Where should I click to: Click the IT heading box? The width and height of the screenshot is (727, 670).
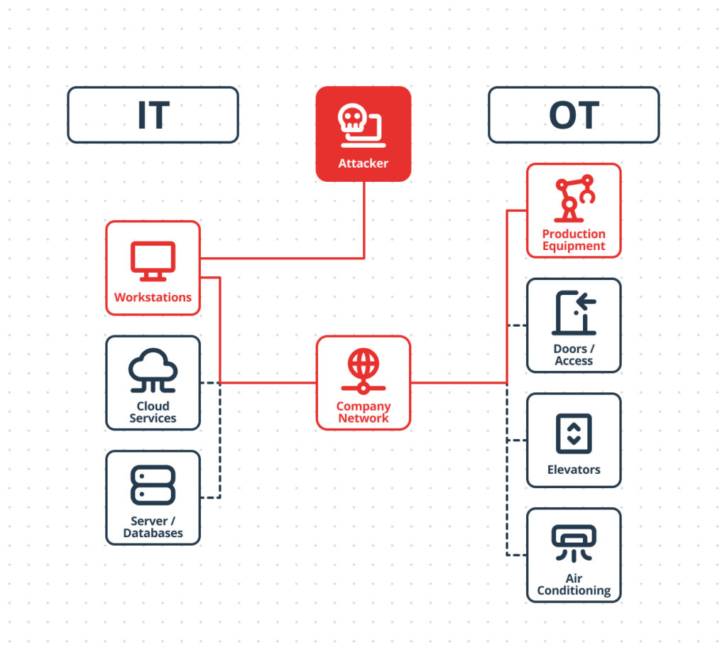click(x=153, y=115)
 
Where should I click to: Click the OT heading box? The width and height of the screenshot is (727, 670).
click(x=574, y=115)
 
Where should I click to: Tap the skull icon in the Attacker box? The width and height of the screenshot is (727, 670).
click(x=353, y=121)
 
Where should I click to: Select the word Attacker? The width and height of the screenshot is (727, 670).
click(x=363, y=163)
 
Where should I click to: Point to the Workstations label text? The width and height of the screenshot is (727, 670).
click(x=153, y=297)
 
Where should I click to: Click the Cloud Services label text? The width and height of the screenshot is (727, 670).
click(x=153, y=412)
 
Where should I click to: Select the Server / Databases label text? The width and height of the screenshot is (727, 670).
click(x=153, y=527)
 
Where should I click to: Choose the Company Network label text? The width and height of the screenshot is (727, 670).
click(x=363, y=412)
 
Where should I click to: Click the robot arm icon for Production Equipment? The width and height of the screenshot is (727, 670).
click(x=574, y=198)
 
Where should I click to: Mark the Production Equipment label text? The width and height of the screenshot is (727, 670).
click(x=574, y=240)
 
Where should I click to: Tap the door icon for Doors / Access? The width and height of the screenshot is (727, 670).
click(x=574, y=313)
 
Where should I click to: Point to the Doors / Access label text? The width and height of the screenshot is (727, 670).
click(x=574, y=355)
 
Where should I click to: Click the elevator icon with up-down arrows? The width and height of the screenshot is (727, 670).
click(x=574, y=433)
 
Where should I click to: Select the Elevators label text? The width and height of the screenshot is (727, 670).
click(x=574, y=470)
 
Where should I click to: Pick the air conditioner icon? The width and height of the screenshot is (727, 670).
click(x=574, y=544)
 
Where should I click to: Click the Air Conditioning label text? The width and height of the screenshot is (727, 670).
click(x=574, y=585)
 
